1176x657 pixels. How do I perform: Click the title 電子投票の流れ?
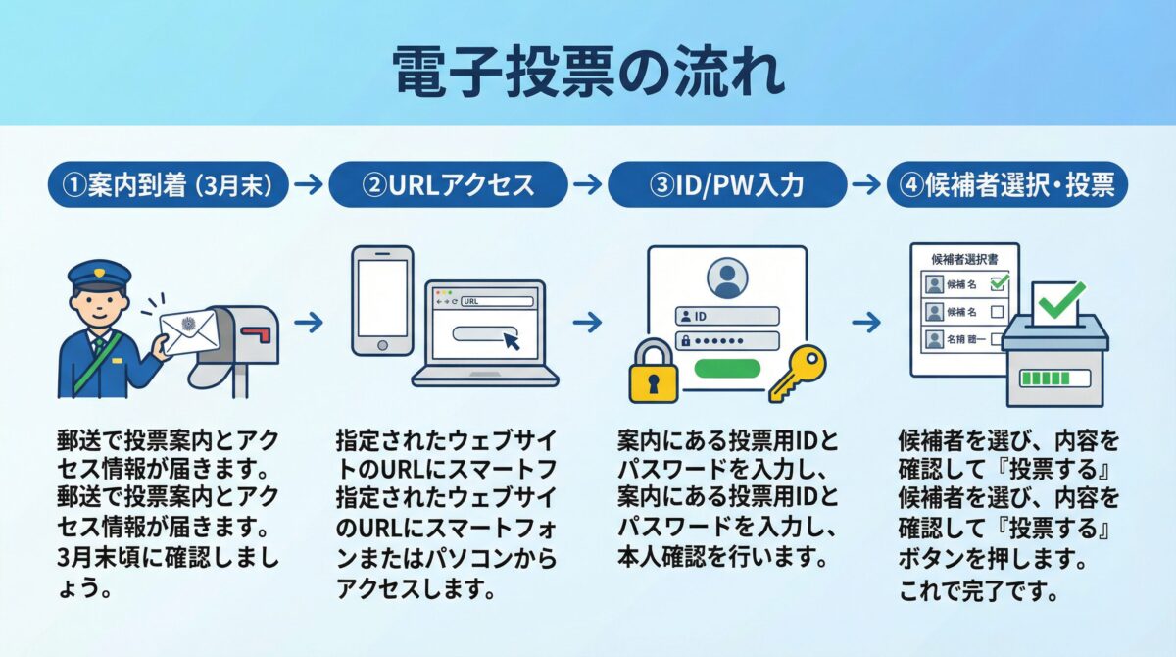click(588, 71)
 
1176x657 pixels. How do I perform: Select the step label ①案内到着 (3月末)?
click(168, 185)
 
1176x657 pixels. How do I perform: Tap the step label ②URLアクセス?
click(448, 185)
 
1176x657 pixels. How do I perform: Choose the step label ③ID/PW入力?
click(726, 185)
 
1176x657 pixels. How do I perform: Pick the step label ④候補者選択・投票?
click(1006, 185)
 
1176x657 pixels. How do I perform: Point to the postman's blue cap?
click(99, 274)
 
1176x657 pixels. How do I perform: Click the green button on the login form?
click(727, 368)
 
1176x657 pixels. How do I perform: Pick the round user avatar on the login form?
click(726, 277)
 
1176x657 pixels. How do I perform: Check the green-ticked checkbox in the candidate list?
click(999, 284)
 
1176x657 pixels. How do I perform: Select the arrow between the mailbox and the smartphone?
click(309, 322)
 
